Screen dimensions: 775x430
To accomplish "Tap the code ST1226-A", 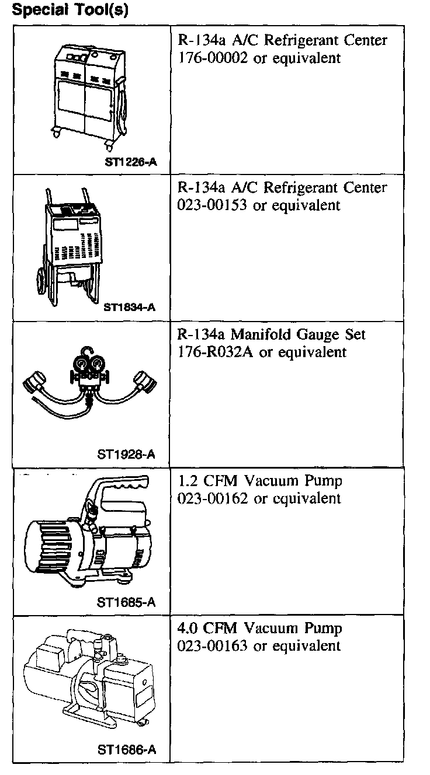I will click(x=130, y=162).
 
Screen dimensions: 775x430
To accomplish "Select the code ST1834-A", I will click(x=129, y=307).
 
